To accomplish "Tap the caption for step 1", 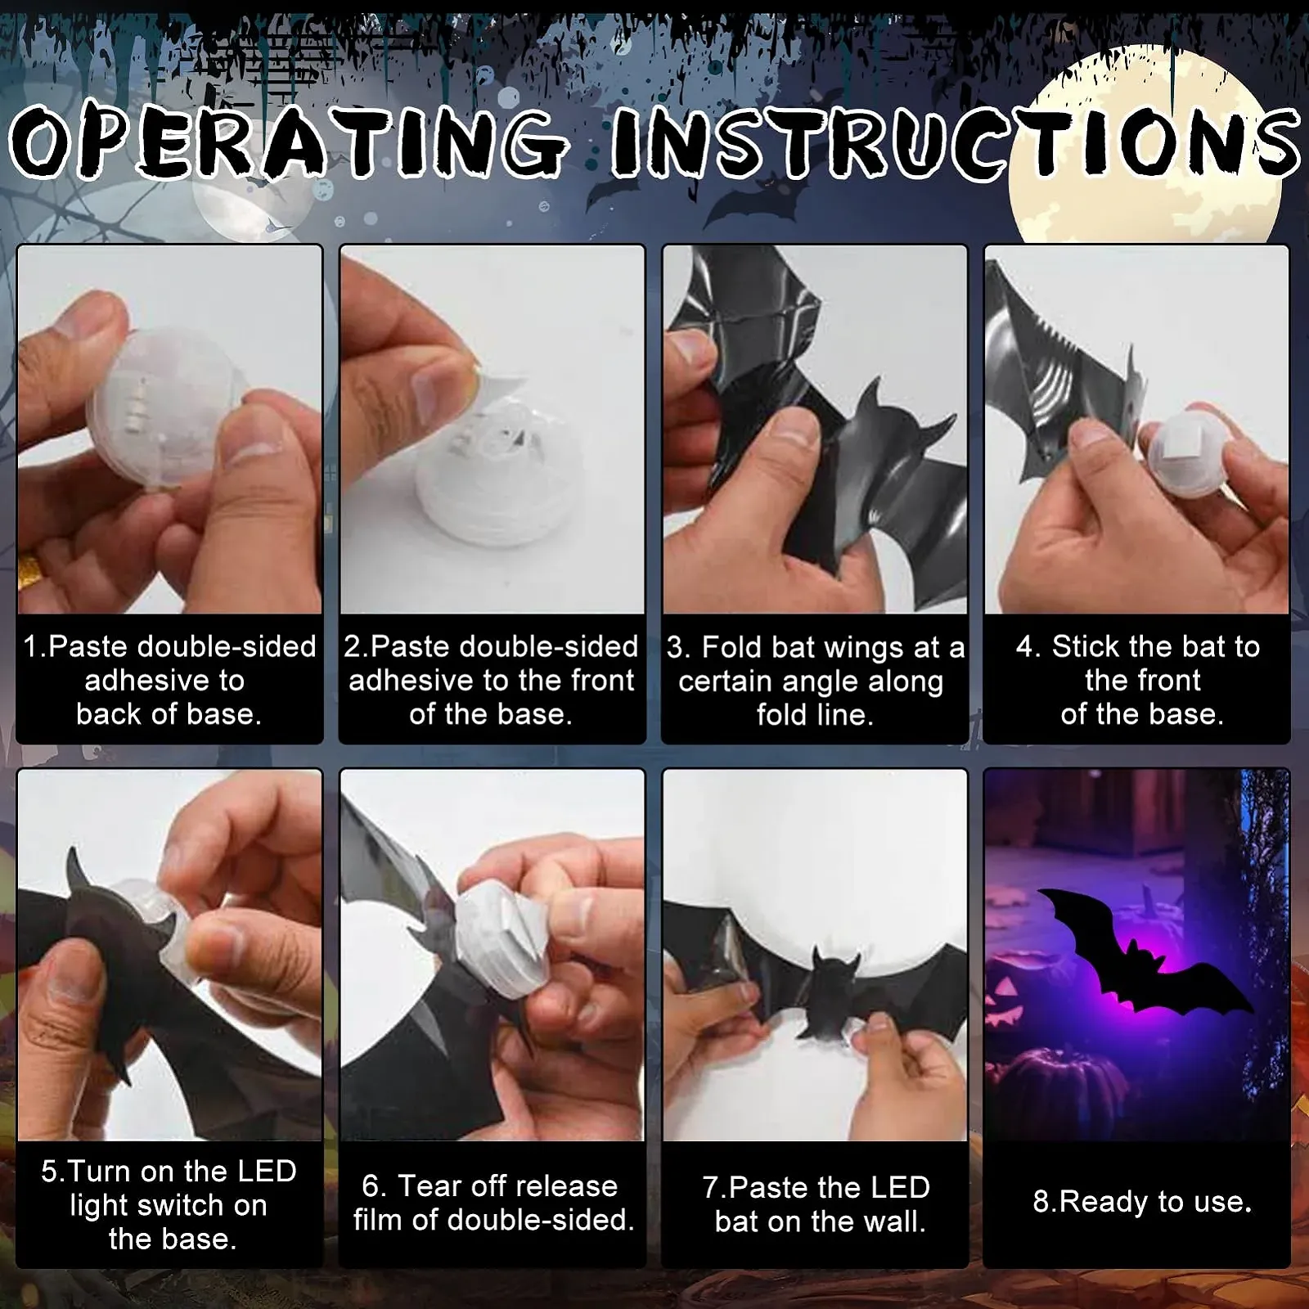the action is pyautogui.click(x=169, y=680).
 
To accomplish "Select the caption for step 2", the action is pyautogui.click(x=491, y=680).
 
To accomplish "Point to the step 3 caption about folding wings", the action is pyautogui.click(x=815, y=681).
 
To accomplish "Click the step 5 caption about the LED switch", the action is pyautogui.click(x=169, y=1205).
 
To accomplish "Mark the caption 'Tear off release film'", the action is pyautogui.click(x=493, y=1203).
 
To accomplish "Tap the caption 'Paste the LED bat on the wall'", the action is pyautogui.click(x=816, y=1204).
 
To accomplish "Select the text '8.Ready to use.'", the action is pyautogui.click(x=1142, y=1202).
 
